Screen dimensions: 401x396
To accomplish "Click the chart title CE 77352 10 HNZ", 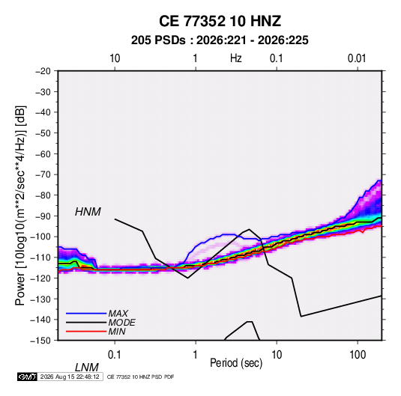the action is (220, 21).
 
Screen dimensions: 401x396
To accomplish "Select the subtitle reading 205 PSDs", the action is (159, 40).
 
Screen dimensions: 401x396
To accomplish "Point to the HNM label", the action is (88, 212).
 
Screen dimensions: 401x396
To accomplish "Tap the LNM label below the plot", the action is (87, 368).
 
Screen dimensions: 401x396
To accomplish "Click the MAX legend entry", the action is (118, 313).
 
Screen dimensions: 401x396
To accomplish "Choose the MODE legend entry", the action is (121, 323).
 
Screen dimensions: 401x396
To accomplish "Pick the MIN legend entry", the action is (117, 332).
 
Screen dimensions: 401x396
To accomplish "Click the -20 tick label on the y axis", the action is (43, 71).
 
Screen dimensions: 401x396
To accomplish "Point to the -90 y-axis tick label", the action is (43, 216).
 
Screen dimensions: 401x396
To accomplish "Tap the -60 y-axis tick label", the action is (43, 153).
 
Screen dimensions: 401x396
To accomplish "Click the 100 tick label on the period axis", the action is (358, 355).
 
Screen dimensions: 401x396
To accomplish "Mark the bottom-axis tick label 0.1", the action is (115, 355).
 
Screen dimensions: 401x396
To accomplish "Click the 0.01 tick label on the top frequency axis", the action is (357, 58).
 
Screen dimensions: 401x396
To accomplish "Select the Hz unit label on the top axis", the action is (236, 58).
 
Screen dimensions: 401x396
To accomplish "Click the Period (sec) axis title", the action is (236, 363).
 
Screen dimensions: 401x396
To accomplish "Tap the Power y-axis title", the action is (20, 206).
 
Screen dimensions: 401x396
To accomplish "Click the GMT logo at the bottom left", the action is (27, 377).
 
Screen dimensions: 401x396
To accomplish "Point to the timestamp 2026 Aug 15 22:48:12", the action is (70, 377).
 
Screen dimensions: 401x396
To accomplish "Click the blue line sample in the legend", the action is (86, 314).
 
